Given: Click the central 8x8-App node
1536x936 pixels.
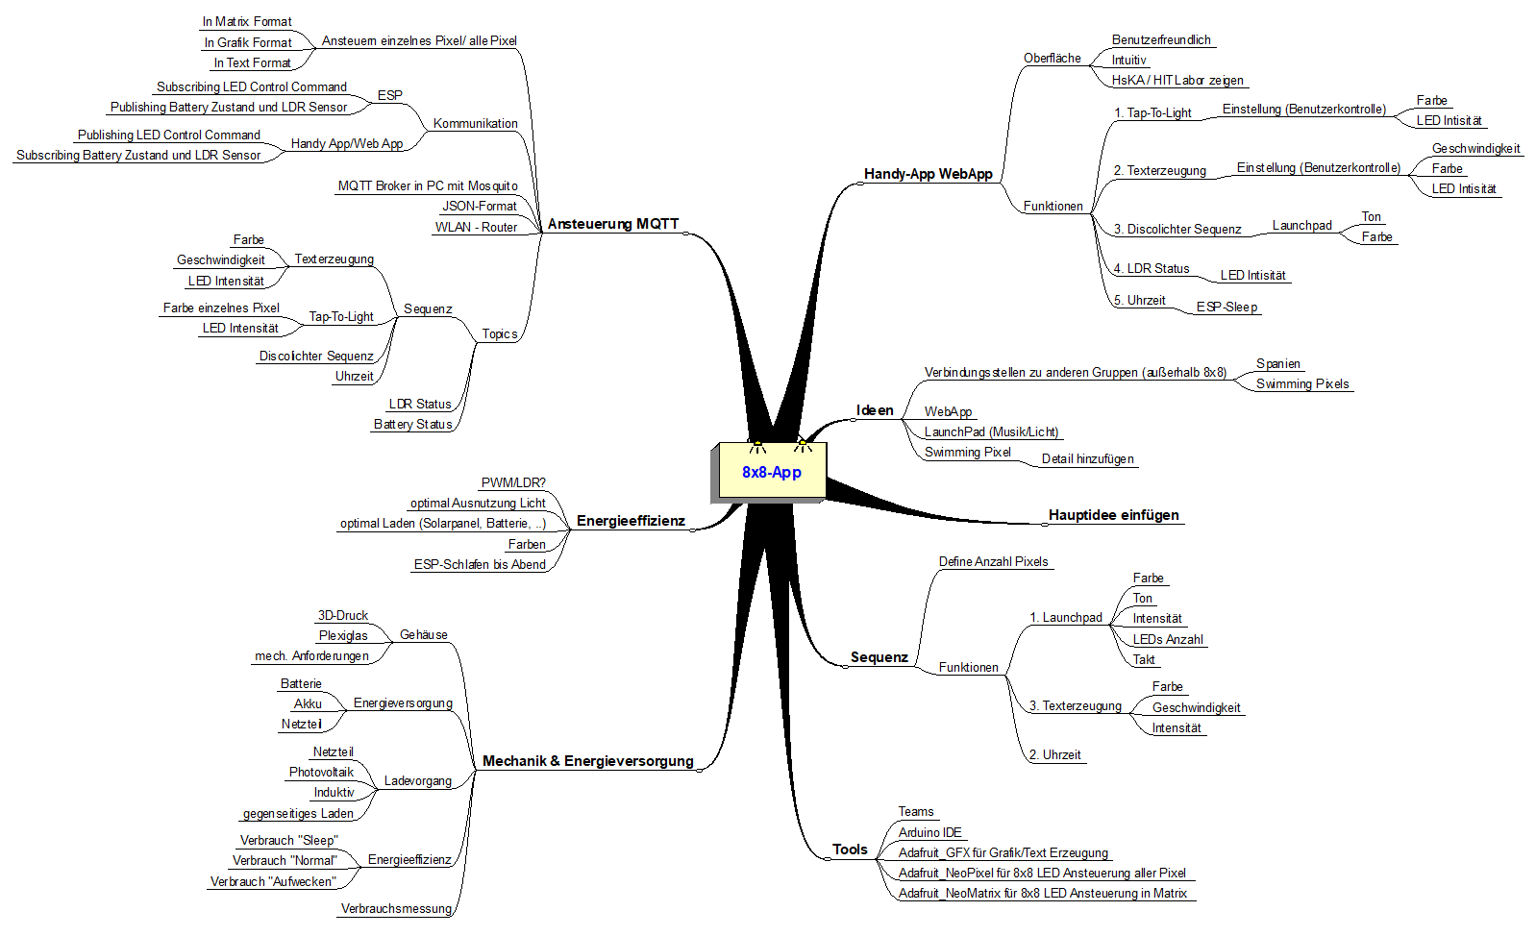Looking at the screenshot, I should coord(771,472).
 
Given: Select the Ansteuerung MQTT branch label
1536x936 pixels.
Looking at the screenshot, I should coord(613,224).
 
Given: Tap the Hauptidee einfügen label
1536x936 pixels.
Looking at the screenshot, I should coord(1113,515).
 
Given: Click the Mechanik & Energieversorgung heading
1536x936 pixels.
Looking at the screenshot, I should coord(587,761).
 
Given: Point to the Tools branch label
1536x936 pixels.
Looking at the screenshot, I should coord(850,850).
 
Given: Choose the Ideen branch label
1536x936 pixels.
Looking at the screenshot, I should coord(875,410).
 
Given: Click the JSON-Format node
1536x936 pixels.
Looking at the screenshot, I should coord(479,206).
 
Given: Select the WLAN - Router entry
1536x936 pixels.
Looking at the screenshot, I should coord(476,227).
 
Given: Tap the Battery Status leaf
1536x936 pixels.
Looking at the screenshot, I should coord(412,424).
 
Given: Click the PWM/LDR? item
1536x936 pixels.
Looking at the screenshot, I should coord(513,482).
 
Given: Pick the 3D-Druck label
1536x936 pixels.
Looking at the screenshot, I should coord(343,615).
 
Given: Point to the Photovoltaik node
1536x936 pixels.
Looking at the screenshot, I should coord(321,772).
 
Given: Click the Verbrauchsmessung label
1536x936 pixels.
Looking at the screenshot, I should coord(396,908).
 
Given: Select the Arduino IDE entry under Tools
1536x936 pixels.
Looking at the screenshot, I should coord(929,832).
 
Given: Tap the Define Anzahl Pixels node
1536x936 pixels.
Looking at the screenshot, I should coord(993,561).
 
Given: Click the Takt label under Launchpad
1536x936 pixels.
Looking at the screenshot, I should coord(1144,659).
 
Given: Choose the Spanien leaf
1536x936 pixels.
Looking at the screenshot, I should coord(1278,363).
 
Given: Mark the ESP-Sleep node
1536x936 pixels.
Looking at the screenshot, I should coord(1226,307).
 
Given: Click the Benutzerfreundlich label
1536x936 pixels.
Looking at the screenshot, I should coord(1161,39).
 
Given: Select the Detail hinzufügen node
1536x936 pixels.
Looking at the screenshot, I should coord(1087,458).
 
